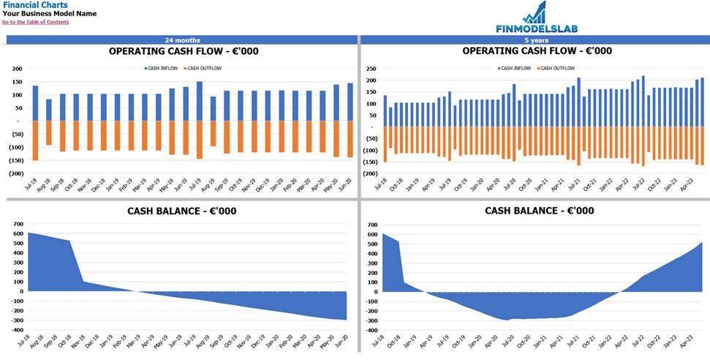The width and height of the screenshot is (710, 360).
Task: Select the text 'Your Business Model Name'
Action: pos(49,14)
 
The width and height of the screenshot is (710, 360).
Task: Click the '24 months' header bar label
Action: pos(182,40)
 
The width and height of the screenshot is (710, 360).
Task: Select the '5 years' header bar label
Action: pos(537,40)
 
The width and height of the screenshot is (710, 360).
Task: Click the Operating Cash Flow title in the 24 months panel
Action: pos(183,51)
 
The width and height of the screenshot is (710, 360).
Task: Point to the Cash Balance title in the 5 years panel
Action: pos(539,211)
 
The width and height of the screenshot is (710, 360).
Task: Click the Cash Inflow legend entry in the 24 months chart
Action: pos(161,68)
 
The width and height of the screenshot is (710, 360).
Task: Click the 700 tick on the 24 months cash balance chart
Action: pos(18,224)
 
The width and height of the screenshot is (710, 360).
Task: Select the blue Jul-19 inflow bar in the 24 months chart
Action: pos(199,101)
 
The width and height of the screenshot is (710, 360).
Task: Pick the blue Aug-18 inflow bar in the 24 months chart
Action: pos(49,110)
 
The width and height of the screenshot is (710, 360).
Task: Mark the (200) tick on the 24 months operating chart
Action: pos(15,173)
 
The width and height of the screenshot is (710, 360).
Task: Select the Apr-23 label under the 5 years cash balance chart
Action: pos(688,343)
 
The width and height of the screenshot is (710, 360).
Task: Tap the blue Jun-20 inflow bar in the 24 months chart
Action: pos(350,102)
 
